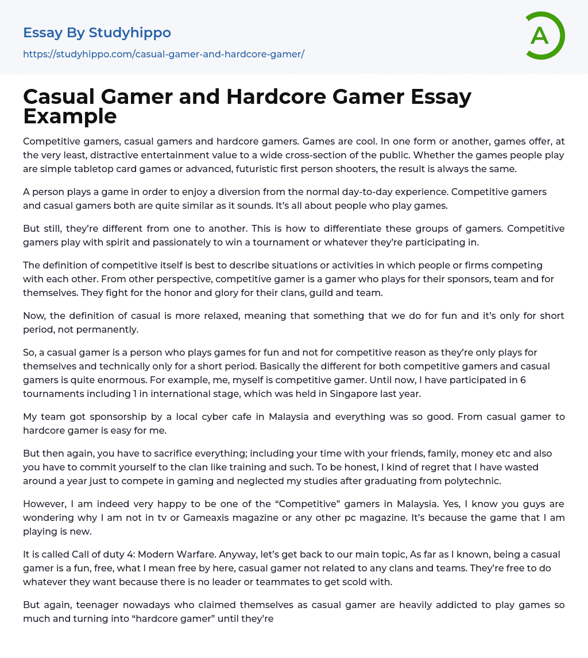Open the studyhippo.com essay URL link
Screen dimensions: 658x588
[164, 54]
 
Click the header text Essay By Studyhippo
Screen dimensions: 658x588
[97, 33]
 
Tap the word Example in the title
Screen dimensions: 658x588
[70, 116]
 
